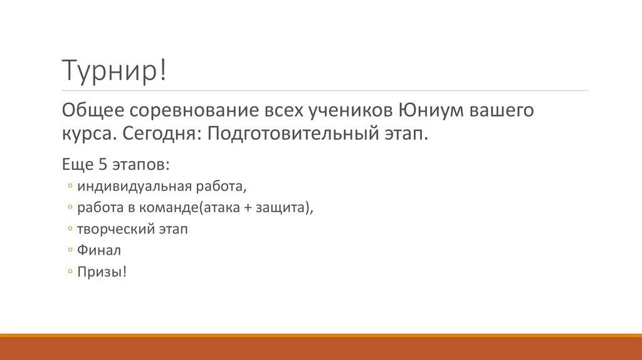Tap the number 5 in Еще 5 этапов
(x=105, y=165)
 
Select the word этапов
(x=140, y=165)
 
